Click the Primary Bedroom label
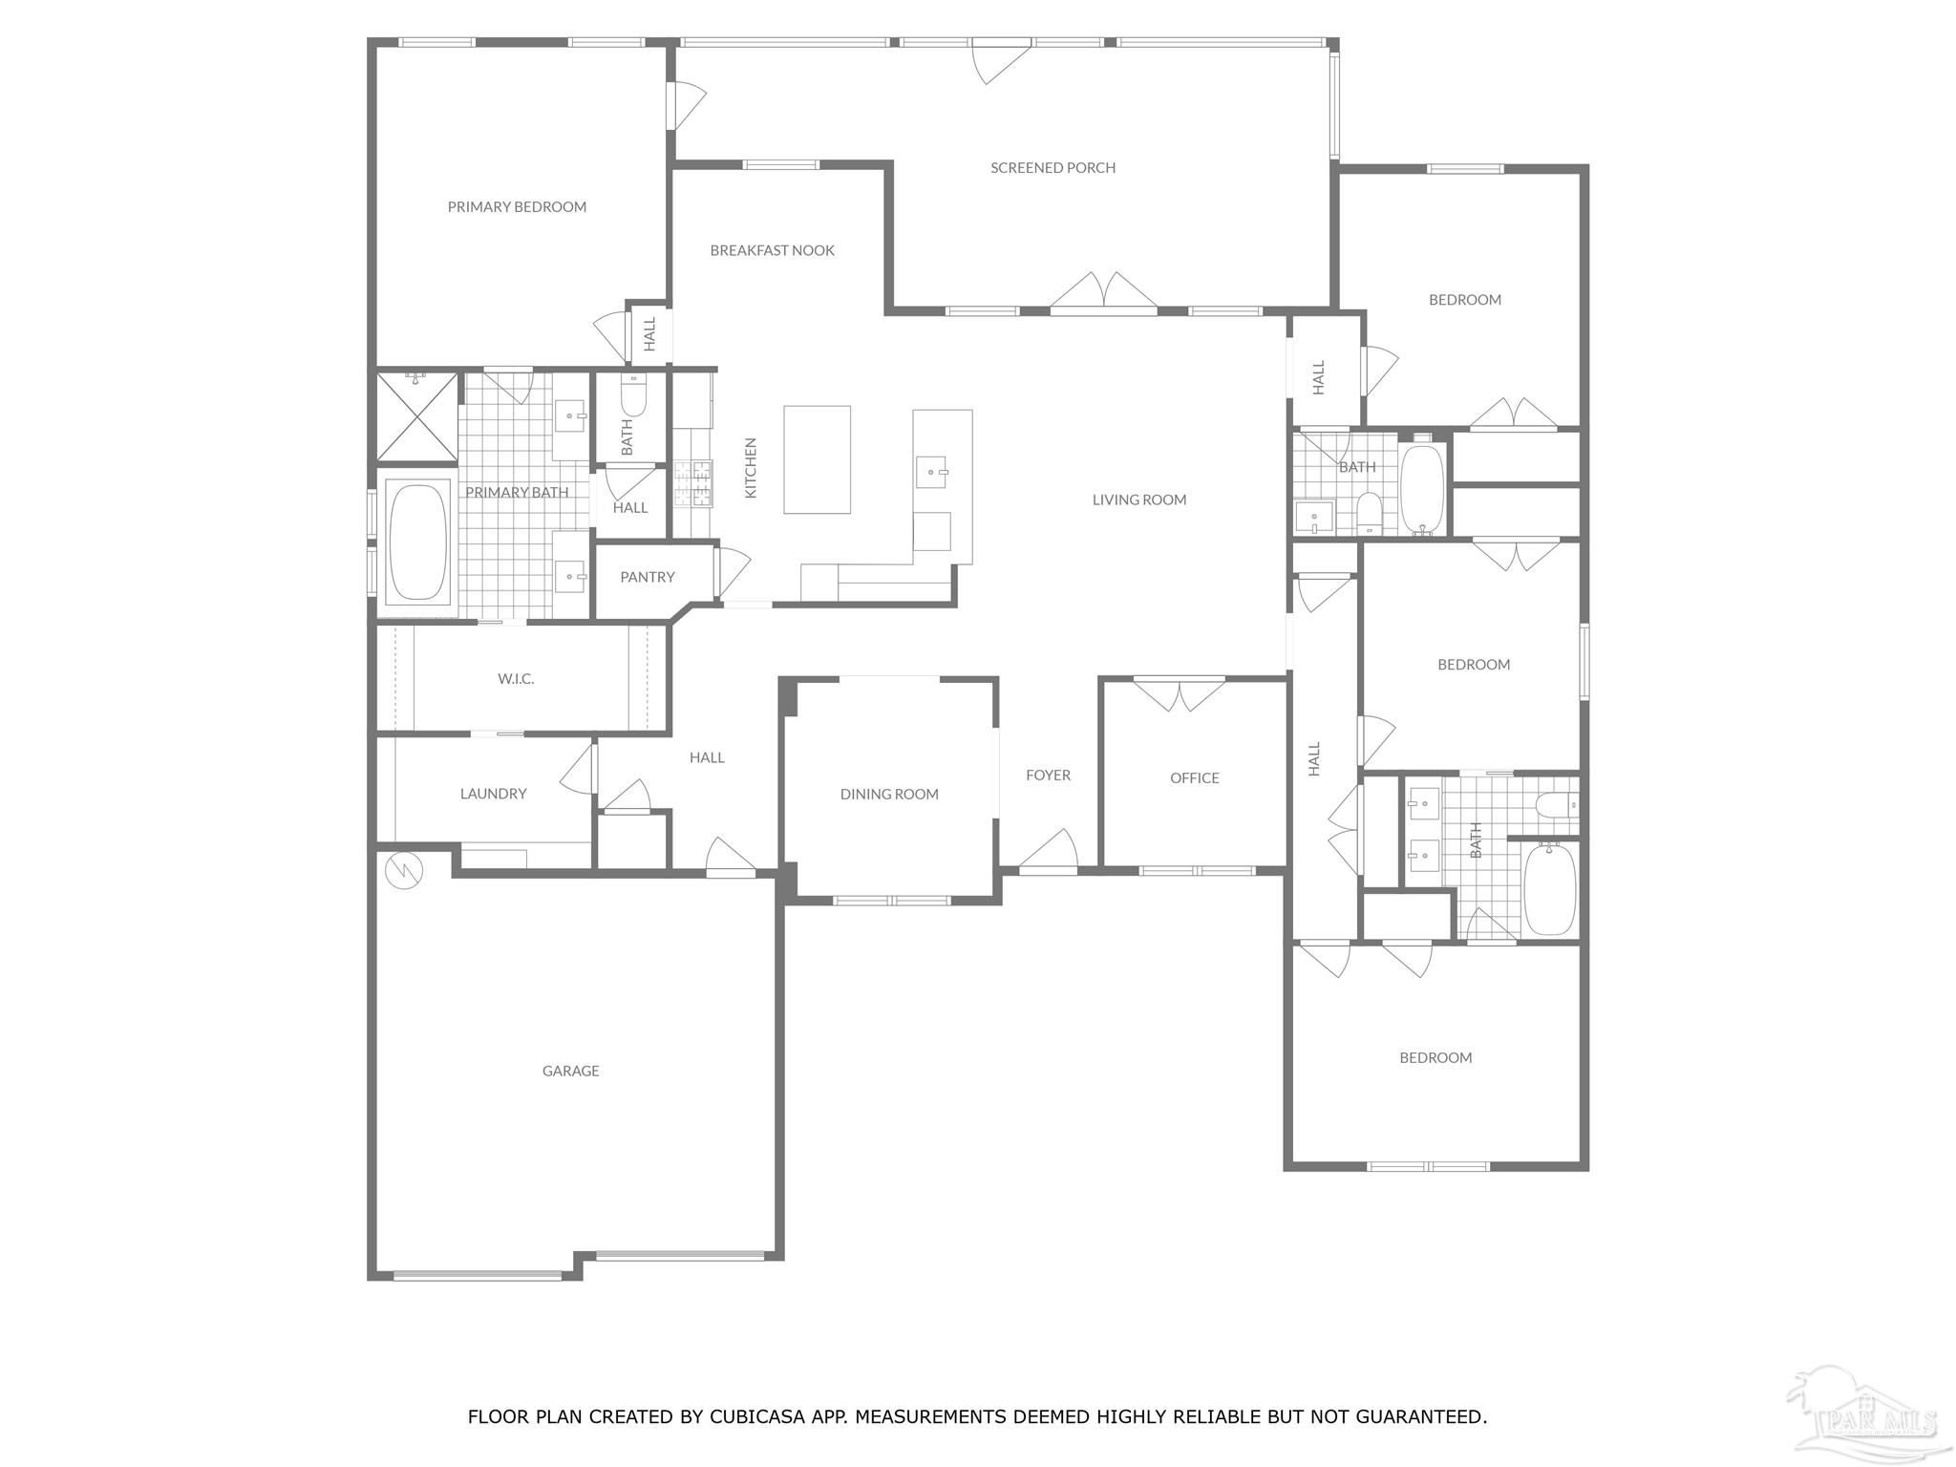pos(517,207)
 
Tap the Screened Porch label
pos(1052,168)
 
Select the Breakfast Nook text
pos(772,250)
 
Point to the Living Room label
pos(1139,500)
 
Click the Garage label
pos(571,1071)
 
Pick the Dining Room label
pos(889,794)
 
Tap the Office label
pos(1195,778)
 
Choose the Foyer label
pos(1048,776)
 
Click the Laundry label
pos(493,794)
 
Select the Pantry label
pos(648,577)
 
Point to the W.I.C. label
pos(516,679)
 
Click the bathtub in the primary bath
pos(418,542)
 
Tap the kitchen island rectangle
pos(817,459)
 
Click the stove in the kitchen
pos(692,483)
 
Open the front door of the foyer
pos(1048,850)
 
